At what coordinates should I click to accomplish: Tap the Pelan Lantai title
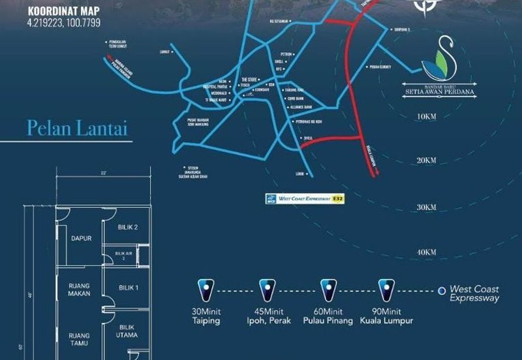[x=76, y=128]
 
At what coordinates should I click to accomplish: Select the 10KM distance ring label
[x=426, y=116]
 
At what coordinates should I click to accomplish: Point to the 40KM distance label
[x=425, y=252]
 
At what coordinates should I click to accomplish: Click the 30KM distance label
[x=425, y=207]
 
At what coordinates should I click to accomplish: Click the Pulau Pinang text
[x=328, y=321]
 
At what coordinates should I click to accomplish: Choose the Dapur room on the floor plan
[x=81, y=238]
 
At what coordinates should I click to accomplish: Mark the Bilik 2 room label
[x=128, y=227]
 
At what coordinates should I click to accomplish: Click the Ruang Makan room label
[x=79, y=289]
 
